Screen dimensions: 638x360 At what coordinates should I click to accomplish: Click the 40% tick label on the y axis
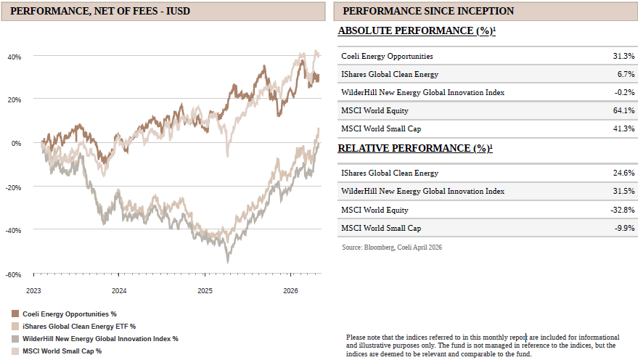(15, 57)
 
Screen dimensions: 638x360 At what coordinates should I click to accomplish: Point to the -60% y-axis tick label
(13, 274)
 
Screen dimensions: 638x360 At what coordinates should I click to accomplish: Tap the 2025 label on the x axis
(205, 291)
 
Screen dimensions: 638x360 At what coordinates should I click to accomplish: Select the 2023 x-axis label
(33, 291)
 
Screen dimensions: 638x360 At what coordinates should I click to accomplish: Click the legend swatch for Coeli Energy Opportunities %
(15, 314)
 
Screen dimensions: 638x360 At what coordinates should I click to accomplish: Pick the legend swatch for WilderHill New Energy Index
(15, 339)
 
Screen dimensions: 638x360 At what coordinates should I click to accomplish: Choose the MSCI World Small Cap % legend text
(62, 351)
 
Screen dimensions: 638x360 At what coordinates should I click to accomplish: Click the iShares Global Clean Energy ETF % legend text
(79, 326)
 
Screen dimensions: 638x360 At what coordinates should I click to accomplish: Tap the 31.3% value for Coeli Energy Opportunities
(623, 56)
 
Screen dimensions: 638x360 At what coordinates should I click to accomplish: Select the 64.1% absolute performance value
(623, 110)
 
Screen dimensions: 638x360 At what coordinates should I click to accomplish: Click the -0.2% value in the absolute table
(625, 92)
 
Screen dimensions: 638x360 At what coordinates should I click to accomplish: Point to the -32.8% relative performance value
(623, 210)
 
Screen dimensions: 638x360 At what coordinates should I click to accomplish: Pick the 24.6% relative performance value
(623, 173)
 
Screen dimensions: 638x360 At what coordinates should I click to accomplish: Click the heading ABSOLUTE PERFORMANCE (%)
(417, 31)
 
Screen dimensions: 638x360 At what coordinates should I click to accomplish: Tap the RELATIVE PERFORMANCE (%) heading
(415, 148)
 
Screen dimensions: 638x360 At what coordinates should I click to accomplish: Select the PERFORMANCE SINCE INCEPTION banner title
(428, 11)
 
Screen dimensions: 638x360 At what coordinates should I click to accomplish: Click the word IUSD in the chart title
(178, 11)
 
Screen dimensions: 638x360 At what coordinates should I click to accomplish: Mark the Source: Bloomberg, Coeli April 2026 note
(392, 247)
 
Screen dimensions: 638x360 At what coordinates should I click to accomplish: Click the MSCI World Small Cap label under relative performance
(381, 228)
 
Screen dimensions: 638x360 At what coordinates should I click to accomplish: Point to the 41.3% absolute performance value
(623, 128)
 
